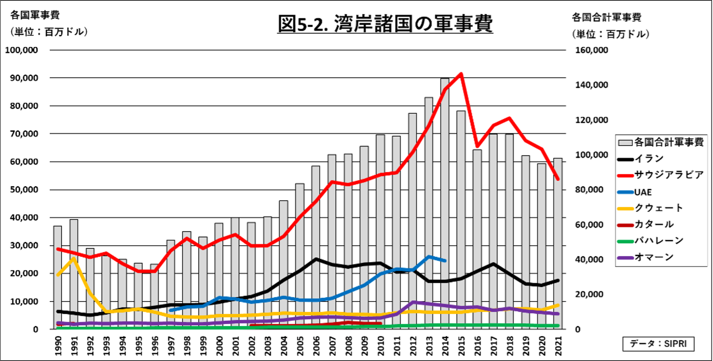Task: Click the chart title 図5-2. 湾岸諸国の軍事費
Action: (x=385, y=23)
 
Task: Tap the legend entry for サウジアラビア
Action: (x=669, y=175)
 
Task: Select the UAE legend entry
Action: (x=643, y=192)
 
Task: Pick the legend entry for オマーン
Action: (x=654, y=257)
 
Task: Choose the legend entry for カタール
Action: (x=654, y=224)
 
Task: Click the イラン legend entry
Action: (x=649, y=159)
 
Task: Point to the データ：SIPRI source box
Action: (x=658, y=343)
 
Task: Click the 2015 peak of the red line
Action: (x=461, y=74)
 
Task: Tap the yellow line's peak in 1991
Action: (x=74, y=258)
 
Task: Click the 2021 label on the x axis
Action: (x=558, y=346)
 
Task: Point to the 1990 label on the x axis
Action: (x=58, y=346)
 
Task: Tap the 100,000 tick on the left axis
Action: (x=21, y=50)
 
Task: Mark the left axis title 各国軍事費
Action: (x=35, y=15)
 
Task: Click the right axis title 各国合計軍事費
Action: (x=606, y=17)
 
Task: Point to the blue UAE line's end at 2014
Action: (x=445, y=260)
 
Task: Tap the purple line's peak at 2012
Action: (x=413, y=302)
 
